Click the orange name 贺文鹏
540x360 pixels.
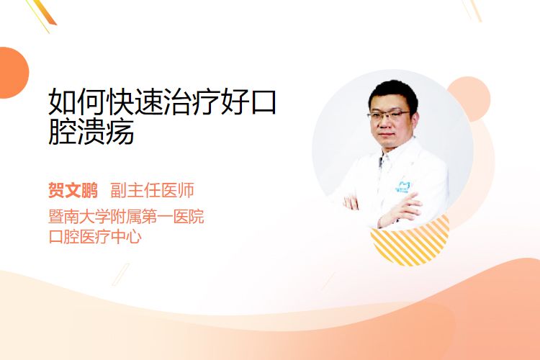coord(73,190)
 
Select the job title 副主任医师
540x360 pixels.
coord(152,190)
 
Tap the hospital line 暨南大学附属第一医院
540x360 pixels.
coord(126,217)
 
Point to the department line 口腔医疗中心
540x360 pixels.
coord(95,237)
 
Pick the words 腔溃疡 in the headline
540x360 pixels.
coord(91,131)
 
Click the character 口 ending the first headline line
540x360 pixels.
coord(264,102)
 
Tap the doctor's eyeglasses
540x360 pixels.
coord(389,114)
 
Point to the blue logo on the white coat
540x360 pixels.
coord(402,186)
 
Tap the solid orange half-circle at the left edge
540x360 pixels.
coord(14,73)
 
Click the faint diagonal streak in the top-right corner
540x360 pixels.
coord(472,10)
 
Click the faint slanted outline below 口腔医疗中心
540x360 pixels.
coord(120,274)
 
